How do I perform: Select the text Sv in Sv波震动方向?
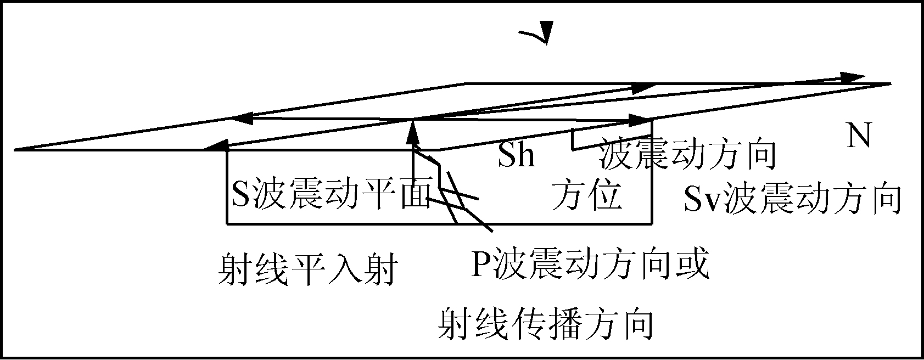coord(702,199)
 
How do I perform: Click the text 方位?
coord(586,194)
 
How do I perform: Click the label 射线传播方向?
coord(546,324)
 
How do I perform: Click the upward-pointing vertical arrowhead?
coord(413,132)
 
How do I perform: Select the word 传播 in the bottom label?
coord(546,324)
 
